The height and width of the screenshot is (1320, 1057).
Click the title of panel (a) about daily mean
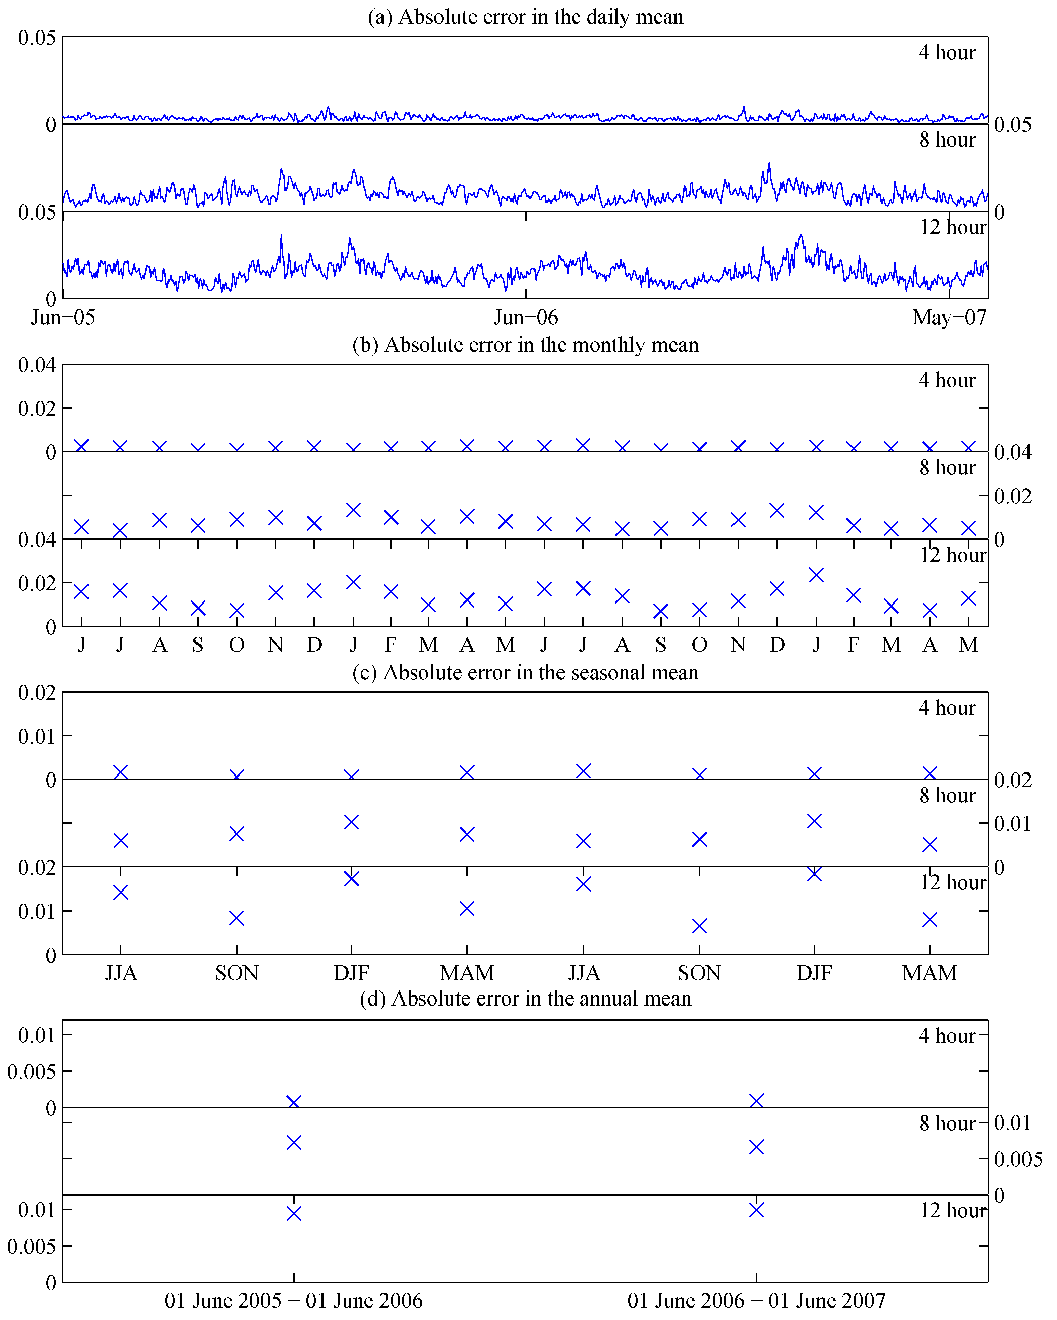pyautogui.click(x=525, y=17)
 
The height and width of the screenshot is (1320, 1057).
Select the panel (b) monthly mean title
pyautogui.click(x=525, y=345)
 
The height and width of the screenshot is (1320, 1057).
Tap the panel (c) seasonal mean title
pyautogui.click(x=525, y=672)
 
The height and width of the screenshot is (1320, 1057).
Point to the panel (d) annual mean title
pyautogui.click(x=525, y=998)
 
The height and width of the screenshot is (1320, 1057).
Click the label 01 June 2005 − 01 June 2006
pyautogui.click(x=293, y=1301)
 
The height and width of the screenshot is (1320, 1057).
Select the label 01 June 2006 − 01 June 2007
pyautogui.click(x=757, y=1301)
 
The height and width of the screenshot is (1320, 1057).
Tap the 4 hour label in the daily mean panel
pyautogui.click(x=947, y=53)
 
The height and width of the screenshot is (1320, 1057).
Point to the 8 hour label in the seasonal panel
pyautogui.click(x=947, y=795)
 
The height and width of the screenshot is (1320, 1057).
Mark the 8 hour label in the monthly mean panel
pyautogui.click(x=947, y=468)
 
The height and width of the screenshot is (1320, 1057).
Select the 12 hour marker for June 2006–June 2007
pyautogui.click(x=757, y=1210)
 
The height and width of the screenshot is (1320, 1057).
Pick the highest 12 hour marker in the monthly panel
pyautogui.click(x=816, y=575)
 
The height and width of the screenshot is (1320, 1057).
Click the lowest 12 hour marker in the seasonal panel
pyautogui.click(x=700, y=926)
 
